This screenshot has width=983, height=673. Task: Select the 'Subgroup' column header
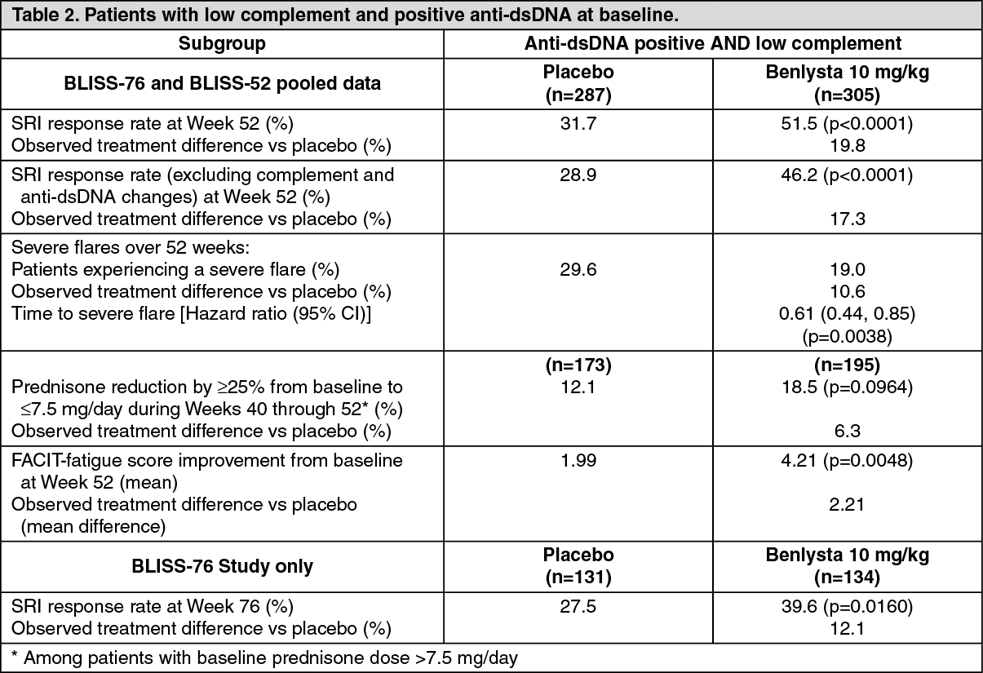(x=222, y=44)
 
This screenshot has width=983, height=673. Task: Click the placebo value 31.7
(x=578, y=123)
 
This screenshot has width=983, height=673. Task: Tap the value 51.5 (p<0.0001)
(x=845, y=123)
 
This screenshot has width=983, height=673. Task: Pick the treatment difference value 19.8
(x=845, y=146)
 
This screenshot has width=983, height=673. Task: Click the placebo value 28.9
(x=578, y=175)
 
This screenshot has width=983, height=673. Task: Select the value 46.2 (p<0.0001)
(x=845, y=175)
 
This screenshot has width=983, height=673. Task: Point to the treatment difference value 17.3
(x=845, y=219)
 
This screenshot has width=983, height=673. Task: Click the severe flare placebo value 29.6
(x=578, y=269)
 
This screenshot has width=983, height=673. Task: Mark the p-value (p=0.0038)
(x=845, y=335)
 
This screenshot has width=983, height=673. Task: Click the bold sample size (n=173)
(x=578, y=364)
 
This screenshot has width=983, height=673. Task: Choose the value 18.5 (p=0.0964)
(x=845, y=386)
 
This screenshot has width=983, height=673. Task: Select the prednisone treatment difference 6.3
(x=845, y=430)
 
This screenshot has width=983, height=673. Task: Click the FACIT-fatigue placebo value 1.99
(x=578, y=460)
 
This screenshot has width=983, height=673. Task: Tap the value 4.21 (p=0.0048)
(x=845, y=460)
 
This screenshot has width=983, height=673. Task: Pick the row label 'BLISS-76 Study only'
(x=222, y=566)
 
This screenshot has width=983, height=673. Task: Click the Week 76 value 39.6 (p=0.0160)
(x=845, y=606)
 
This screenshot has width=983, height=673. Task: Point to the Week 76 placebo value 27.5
(x=578, y=606)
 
